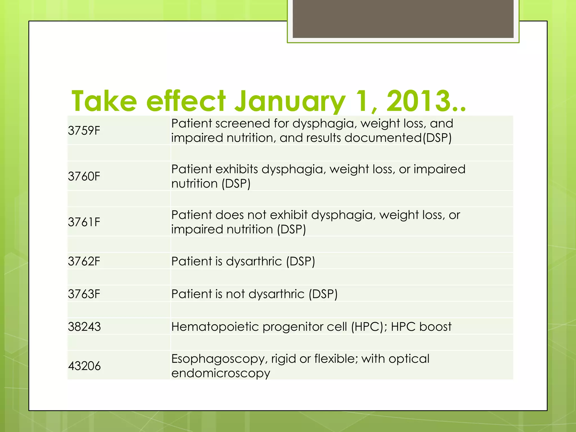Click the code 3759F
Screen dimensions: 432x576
(84, 131)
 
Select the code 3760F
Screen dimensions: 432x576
(84, 177)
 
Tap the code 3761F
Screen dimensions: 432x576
(84, 222)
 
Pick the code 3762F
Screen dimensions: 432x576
(84, 262)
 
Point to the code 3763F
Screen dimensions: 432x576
(84, 294)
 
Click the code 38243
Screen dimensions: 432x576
(84, 327)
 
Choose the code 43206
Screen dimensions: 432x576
(84, 366)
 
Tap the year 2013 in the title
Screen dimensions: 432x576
(419, 101)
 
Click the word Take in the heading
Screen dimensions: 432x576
(104, 101)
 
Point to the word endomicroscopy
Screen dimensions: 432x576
(221, 373)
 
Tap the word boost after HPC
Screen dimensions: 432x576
(435, 327)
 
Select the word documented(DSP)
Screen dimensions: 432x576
(398, 138)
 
